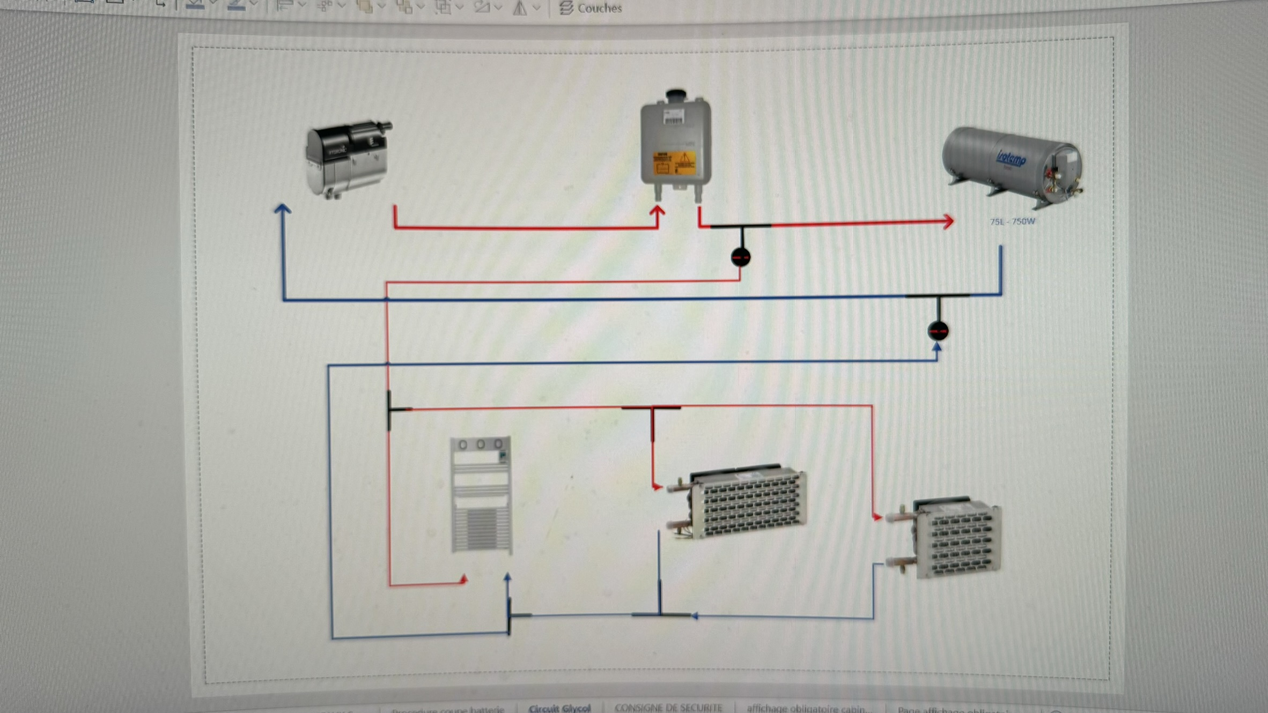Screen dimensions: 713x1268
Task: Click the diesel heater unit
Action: point(348,159)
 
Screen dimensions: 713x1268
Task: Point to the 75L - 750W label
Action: point(1012,221)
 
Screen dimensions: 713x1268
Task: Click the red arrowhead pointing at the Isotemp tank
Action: point(948,221)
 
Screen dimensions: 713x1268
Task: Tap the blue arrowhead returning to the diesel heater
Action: point(283,210)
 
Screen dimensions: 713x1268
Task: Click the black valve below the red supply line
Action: point(741,257)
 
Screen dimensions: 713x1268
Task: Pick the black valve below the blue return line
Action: point(938,331)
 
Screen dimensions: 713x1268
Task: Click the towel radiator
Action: point(481,495)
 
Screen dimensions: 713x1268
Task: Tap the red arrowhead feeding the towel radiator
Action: point(463,580)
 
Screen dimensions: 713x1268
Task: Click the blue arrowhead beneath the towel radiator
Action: point(507,577)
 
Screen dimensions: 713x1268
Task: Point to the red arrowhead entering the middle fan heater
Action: point(658,487)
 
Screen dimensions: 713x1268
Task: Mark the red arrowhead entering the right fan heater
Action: point(878,517)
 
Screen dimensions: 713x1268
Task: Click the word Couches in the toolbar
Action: point(599,8)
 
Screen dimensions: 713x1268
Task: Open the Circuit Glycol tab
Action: point(559,708)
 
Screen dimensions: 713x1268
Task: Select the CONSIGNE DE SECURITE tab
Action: point(668,708)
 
